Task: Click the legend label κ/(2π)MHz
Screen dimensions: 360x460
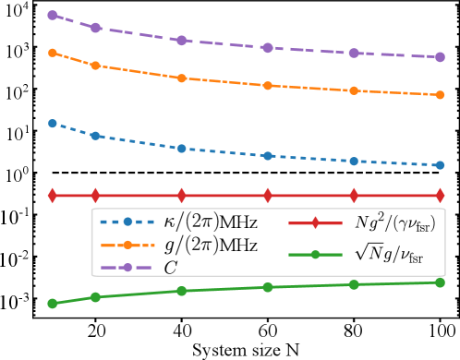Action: (210, 222)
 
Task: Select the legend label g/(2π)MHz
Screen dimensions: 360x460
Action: (210, 246)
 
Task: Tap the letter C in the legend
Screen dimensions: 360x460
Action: (171, 268)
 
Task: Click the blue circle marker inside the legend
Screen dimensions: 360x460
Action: (127, 222)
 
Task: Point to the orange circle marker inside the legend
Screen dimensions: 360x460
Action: (127, 246)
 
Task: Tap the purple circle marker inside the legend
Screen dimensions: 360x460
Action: (127, 268)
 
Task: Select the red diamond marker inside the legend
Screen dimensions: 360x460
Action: (316, 222)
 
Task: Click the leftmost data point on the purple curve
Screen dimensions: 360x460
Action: (53, 15)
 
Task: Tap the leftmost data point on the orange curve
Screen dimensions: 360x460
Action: (53, 53)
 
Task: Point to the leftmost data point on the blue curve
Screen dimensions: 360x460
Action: (53, 123)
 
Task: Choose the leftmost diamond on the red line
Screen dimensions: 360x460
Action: (53, 196)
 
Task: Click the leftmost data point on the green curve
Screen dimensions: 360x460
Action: (53, 303)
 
